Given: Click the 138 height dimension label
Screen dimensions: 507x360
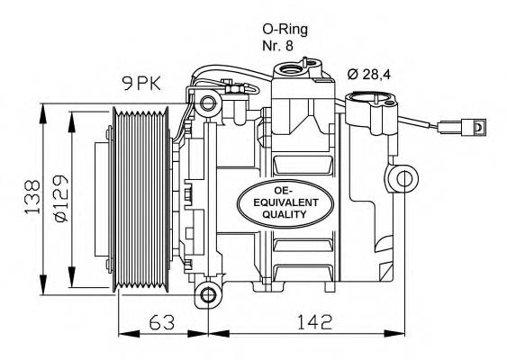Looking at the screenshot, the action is pyautogui.click(x=32, y=197).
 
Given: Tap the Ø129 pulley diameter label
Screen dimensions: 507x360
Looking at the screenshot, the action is pyautogui.click(x=61, y=198).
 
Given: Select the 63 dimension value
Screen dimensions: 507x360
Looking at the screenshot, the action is pyautogui.click(x=162, y=322).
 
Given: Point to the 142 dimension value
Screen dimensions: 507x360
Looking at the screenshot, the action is pyautogui.click(x=314, y=322).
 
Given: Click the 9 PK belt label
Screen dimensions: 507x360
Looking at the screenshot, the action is pyautogui.click(x=141, y=84).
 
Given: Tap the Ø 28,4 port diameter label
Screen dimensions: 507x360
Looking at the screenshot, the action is pyautogui.click(x=369, y=75).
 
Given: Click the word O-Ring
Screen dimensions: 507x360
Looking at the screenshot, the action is pyautogui.click(x=285, y=30).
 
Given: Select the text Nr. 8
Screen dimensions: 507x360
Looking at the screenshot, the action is pyautogui.click(x=277, y=46).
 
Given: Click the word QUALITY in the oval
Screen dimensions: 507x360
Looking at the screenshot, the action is pyautogui.click(x=285, y=214).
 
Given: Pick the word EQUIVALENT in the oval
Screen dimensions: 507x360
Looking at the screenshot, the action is pyautogui.click(x=285, y=202).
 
